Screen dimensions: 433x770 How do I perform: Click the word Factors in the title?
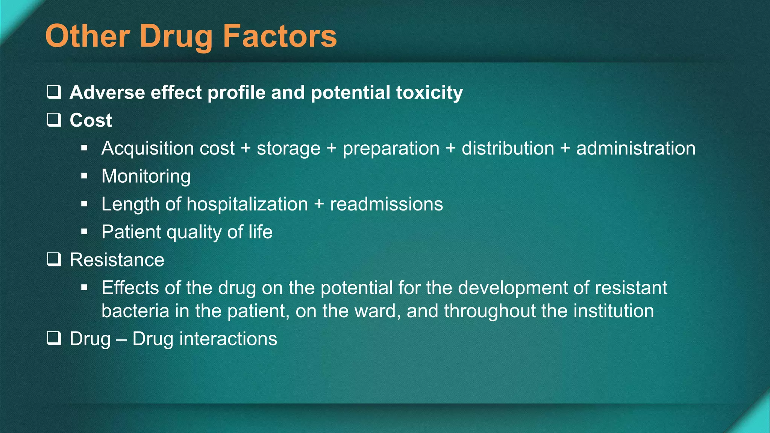point(280,36)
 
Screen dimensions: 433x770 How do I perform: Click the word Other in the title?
point(88,36)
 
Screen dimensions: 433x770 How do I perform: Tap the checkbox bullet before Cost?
point(54,120)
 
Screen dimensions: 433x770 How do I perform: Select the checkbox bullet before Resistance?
point(54,259)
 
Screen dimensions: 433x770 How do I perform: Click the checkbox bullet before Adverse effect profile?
point(54,92)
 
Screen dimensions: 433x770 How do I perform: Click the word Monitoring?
point(146,176)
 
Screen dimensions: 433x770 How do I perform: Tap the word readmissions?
point(386,204)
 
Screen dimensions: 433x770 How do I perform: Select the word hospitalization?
point(247,204)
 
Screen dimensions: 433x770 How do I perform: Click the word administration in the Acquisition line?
point(636,148)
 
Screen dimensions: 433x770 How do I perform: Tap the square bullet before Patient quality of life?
point(84,232)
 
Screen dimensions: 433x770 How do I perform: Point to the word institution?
point(614,311)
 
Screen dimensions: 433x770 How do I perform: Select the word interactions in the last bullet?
point(228,339)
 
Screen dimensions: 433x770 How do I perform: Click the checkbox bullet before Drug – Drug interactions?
point(54,338)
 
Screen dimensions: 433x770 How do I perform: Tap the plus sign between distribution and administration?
point(565,148)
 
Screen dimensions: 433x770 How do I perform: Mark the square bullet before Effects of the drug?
point(84,288)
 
